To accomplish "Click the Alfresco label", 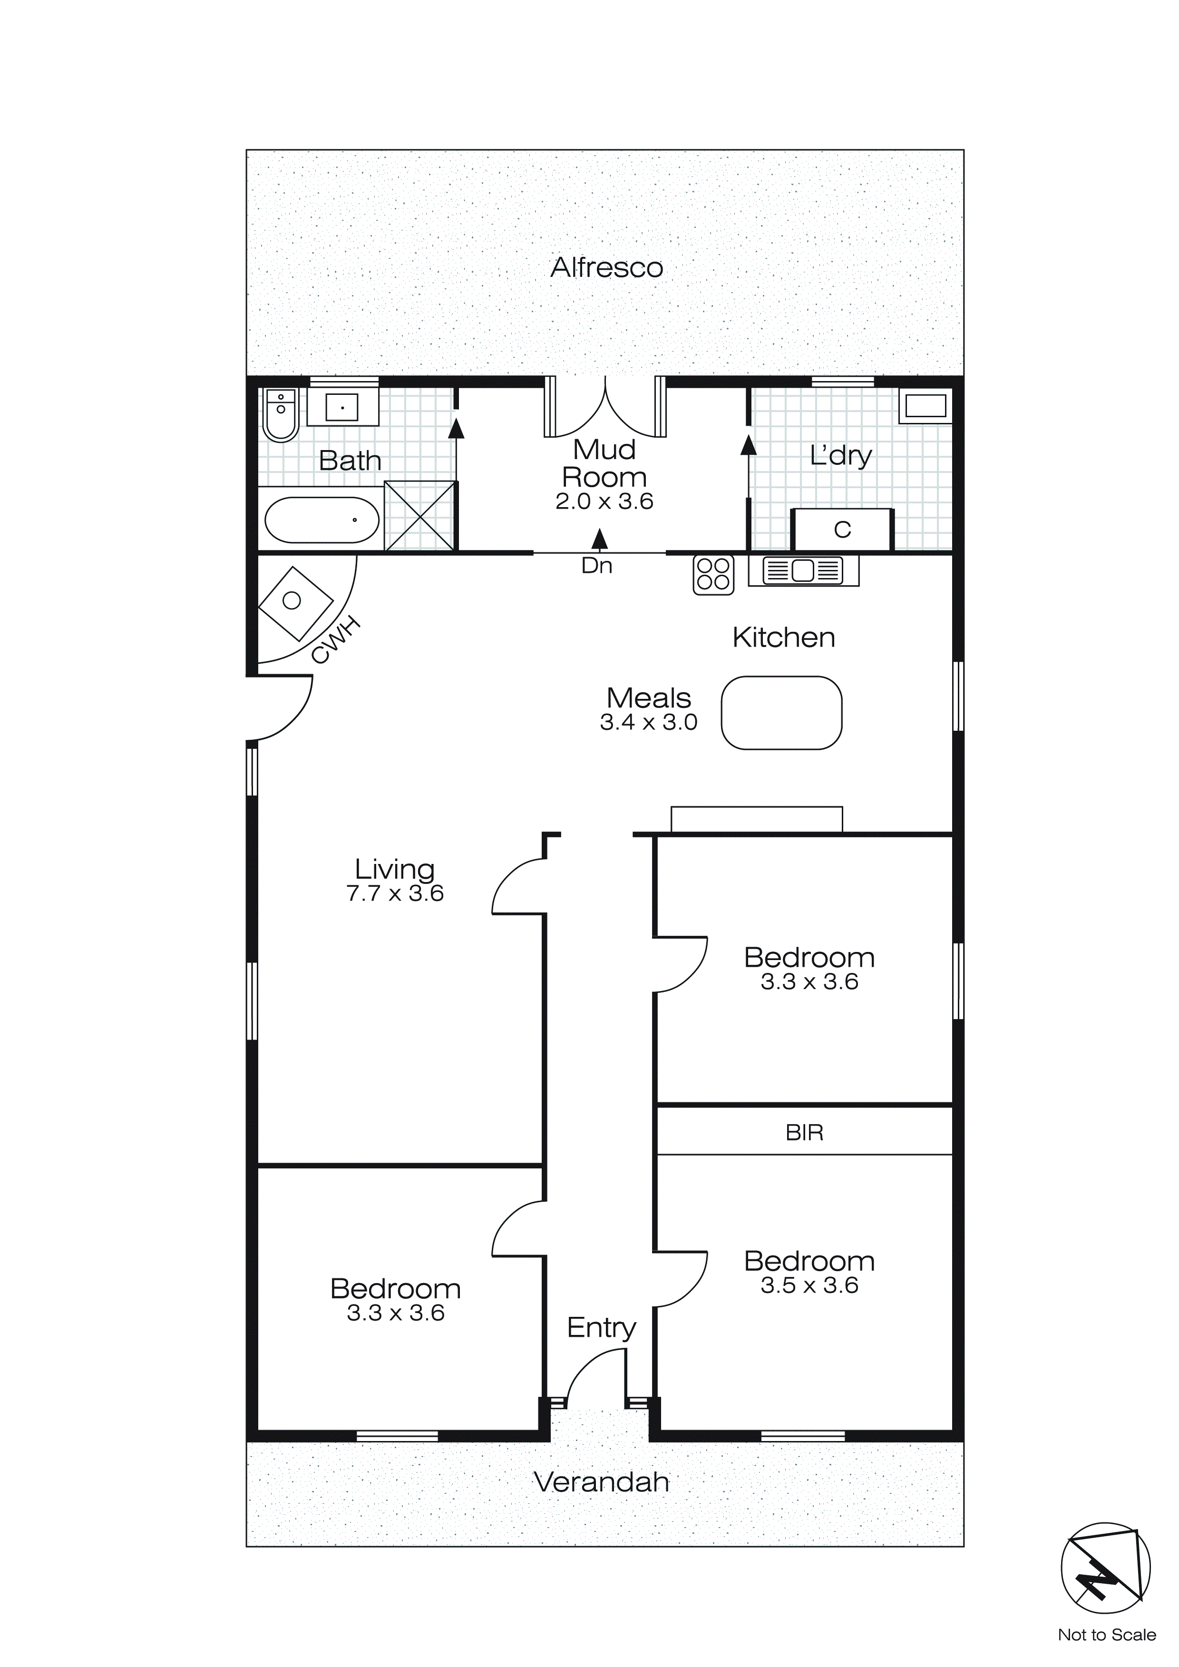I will [x=606, y=268].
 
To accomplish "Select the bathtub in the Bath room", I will [x=322, y=520].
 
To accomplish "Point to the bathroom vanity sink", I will [x=342, y=407].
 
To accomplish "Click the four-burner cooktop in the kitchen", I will [x=713, y=575].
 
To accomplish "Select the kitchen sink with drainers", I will [x=803, y=571].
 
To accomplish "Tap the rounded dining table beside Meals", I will [x=781, y=712].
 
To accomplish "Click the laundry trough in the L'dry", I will [x=925, y=405].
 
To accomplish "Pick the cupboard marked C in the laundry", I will [x=842, y=530].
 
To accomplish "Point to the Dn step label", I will [x=597, y=566].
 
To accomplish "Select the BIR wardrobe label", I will [x=804, y=1133].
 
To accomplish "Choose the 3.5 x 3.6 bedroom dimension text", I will [x=809, y=1285].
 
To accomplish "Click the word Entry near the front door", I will [x=601, y=1327].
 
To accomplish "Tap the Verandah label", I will [x=601, y=1482].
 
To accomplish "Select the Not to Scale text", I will [x=1106, y=1635].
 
